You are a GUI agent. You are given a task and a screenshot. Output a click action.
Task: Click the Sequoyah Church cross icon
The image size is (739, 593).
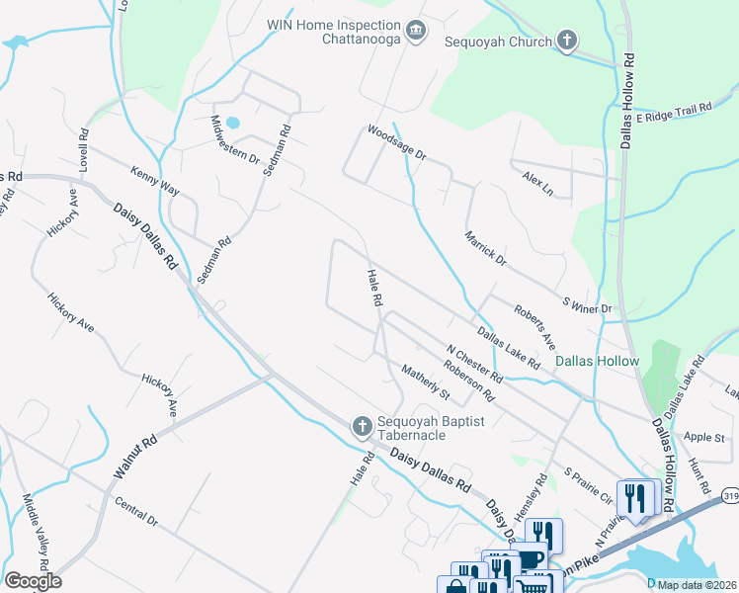click(566, 41)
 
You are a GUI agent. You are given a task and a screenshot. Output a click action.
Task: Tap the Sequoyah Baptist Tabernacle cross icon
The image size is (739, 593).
click(362, 426)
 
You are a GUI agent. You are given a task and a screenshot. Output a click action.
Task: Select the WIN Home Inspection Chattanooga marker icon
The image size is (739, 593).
click(417, 32)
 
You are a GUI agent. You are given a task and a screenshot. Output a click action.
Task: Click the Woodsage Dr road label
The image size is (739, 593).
click(395, 142)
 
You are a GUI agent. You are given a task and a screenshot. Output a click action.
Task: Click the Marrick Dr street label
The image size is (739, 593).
click(485, 248)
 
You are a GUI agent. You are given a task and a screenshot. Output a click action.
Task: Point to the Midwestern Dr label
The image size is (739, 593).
click(234, 141)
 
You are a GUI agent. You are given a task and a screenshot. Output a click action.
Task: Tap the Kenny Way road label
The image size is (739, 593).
click(155, 179)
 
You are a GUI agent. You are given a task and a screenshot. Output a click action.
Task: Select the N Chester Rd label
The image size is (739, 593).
click(474, 364)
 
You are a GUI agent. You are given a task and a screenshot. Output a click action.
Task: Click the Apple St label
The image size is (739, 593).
click(705, 437)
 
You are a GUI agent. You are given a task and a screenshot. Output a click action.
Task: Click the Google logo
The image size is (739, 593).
click(33, 581)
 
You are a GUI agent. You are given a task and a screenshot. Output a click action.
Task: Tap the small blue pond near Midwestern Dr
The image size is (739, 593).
click(232, 123)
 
